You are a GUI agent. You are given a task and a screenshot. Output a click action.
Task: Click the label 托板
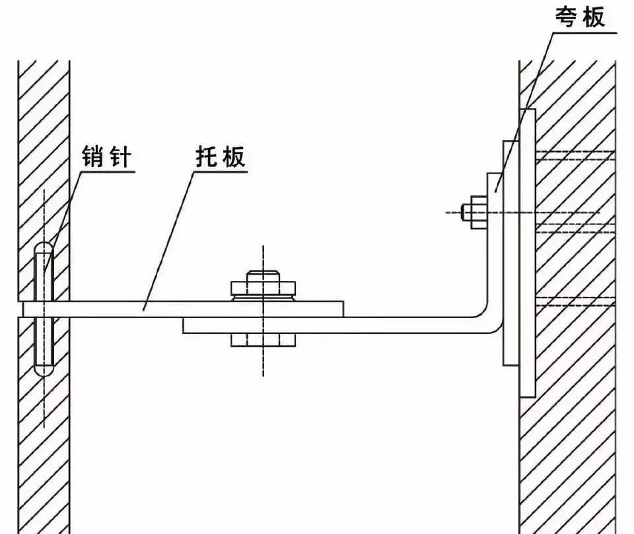[221, 156]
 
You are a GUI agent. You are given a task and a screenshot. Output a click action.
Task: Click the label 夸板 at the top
[581, 17]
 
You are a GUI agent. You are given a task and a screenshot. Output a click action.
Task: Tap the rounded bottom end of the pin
[44, 370]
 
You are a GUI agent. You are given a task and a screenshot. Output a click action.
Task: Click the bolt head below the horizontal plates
[264, 340]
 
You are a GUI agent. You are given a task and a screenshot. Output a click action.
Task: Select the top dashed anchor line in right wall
[576, 156]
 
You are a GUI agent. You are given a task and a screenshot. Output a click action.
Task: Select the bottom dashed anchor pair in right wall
[576, 301]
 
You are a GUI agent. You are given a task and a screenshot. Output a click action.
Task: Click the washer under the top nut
[264, 298]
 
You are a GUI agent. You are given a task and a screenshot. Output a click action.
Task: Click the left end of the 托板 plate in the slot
[24, 309]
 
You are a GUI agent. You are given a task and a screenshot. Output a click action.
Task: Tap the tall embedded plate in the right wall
[528, 253]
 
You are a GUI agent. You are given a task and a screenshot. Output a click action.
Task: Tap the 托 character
[208, 156]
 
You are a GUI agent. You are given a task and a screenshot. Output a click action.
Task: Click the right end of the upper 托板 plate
[343, 309]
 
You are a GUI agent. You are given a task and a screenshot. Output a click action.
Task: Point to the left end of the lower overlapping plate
[184, 325]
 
